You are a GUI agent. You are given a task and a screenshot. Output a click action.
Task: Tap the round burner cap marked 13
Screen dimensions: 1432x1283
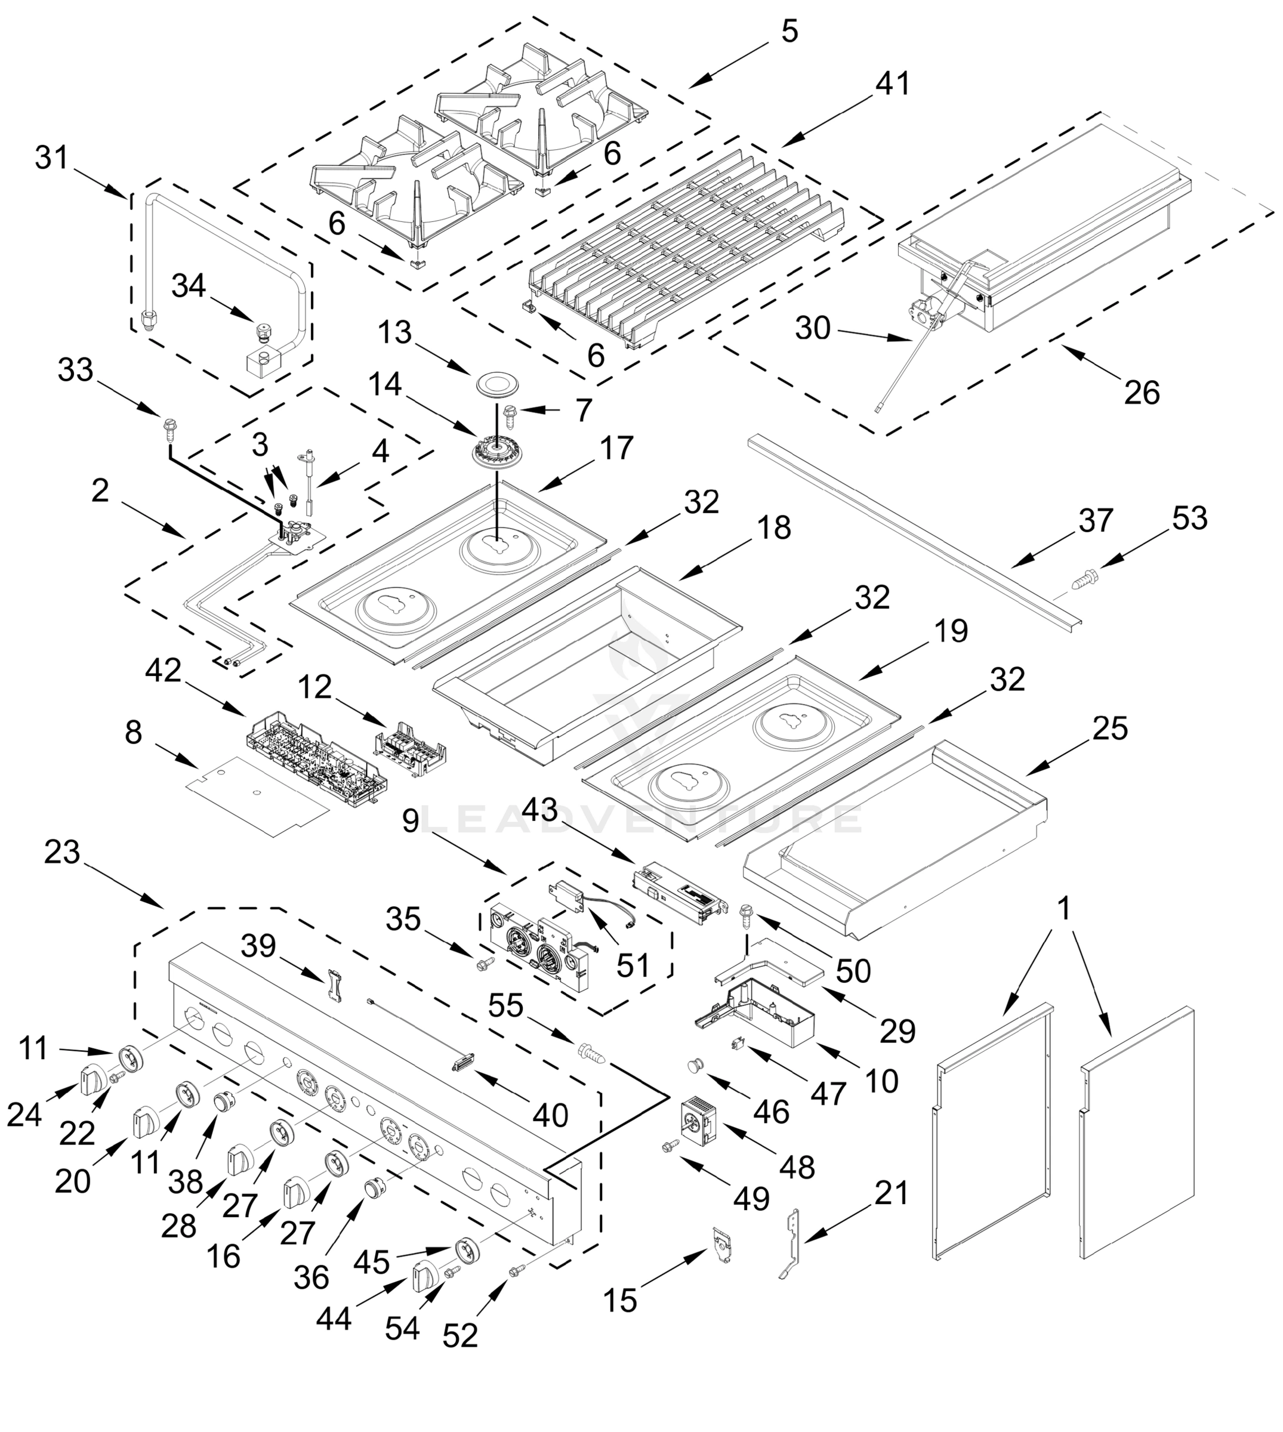496,384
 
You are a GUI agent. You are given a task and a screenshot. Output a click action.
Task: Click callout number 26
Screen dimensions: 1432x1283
1142,393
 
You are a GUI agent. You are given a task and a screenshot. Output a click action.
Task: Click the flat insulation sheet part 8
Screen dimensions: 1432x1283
257,797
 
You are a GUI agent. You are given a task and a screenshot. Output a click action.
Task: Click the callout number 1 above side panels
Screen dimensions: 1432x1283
1065,910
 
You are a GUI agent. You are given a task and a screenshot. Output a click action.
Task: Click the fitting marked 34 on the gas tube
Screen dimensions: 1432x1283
263,331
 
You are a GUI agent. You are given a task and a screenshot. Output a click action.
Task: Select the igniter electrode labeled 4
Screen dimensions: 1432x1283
309,474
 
